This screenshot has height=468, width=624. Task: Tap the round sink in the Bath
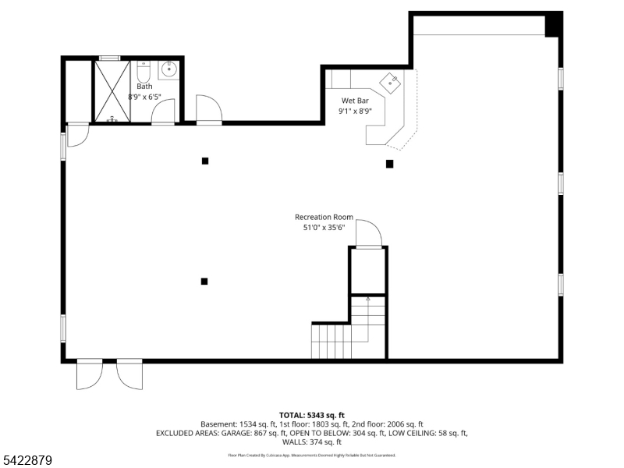pyautogui.click(x=169, y=69)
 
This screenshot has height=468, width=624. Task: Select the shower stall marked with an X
pyautogui.click(x=112, y=90)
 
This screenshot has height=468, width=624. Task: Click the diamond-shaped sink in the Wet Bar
pyautogui.click(x=391, y=81)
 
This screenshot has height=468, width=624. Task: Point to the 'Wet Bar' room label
pyautogui.click(x=355, y=101)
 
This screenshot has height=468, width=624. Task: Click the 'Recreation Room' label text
pyautogui.click(x=324, y=217)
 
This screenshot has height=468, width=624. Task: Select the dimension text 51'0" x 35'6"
pyautogui.click(x=324, y=228)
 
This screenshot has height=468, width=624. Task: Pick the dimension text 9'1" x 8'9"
pyautogui.click(x=355, y=111)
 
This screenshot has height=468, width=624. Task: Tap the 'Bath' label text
pyautogui.click(x=144, y=87)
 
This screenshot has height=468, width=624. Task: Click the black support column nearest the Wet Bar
pyautogui.click(x=389, y=164)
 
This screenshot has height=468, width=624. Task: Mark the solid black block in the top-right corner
pyautogui.click(x=553, y=25)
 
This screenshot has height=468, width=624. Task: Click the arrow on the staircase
pyautogui.click(x=368, y=299)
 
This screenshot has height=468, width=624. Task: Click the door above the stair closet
pyautogui.click(x=368, y=234)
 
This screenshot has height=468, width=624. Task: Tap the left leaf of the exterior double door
pyautogui.click(x=89, y=374)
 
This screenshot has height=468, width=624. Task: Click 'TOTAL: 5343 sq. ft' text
pyautogui.click(x=311, y=414)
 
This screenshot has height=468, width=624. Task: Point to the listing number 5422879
pyautogui.click(x=27, y=460)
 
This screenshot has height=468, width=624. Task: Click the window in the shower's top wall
pyautogui.click(x=109, y=58)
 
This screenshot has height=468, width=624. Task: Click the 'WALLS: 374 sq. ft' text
pyautogui.click(x=311, y=442)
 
